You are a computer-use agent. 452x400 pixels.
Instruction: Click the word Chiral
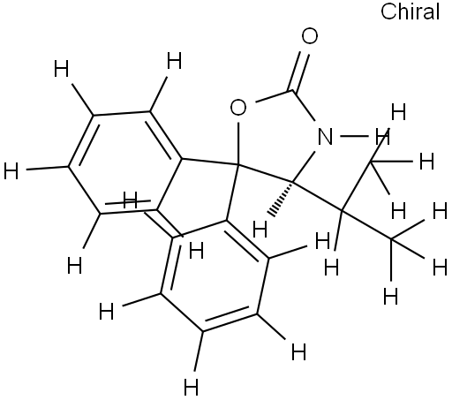(x=410, y=11)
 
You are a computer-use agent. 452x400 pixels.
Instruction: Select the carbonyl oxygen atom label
(x=310, y=36)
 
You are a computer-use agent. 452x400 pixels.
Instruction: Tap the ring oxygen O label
(x=237, y=108)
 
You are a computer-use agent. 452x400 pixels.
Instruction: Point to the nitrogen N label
(x=325, y=136)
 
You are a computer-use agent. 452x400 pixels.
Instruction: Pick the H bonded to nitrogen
(x=382, y=136)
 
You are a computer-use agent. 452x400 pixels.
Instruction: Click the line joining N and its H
(x=355, y=136)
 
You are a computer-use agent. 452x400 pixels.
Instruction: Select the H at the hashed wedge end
(x=260, y=229)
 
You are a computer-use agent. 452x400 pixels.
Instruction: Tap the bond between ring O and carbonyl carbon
(x=275, y=97)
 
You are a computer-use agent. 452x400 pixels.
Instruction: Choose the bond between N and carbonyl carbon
(x=305, y=106)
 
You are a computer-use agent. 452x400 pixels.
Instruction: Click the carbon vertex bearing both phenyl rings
(x=237, y=165)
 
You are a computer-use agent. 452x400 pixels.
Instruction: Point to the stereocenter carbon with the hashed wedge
(x=293, y=182)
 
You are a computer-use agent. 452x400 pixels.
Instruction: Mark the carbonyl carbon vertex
(x=293, y=91)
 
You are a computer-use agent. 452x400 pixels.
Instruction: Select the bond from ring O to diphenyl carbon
(x=238, y=142)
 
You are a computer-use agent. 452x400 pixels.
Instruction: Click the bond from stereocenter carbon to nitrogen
(x=305, y=166)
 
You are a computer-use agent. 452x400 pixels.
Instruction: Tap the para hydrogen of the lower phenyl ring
(x=192, y=387)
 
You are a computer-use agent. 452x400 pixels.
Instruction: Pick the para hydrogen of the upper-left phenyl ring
(x=11, y=170)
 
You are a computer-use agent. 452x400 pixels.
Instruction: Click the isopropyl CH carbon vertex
(x=342, y=210)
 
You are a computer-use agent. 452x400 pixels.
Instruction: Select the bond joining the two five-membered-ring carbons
(x=266, y=173)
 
